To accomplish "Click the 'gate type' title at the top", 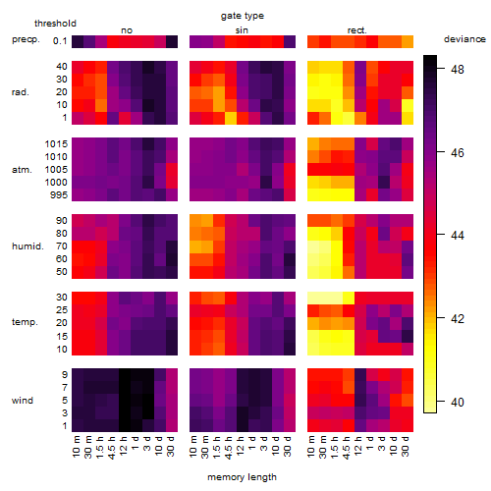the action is tap(243, 16).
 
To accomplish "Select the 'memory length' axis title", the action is tap(242, 477).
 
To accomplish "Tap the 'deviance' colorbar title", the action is tap(464, 39).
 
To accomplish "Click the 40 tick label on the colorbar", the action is tap(458, 402).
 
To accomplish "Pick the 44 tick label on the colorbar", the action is tap(458, 235).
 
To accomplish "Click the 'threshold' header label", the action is tap(55, 24).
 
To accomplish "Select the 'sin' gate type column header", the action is tap(242, 30).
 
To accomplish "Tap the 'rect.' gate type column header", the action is tap(356, 30).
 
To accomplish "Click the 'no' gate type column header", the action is tap(127, 30).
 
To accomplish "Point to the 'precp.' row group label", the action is tap(26, 39).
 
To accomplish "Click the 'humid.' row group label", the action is tap(27, 245).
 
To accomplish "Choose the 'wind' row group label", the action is tap(23, 400).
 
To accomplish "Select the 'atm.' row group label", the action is tap(22, 170).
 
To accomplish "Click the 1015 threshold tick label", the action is tap(56, 143).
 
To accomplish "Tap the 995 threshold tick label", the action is tap(59, 194).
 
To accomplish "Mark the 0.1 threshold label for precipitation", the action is tap(60, 41).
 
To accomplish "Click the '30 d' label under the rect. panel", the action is tap(406, 446).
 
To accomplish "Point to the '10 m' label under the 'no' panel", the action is tap(76, 447).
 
